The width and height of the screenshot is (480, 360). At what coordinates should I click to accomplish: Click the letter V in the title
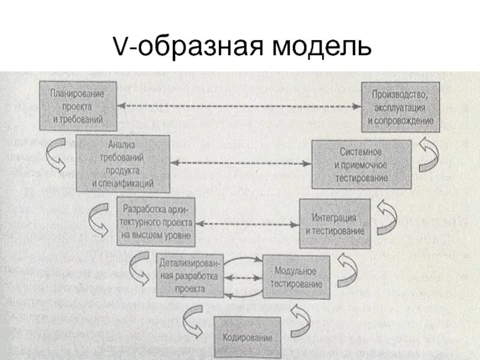[x=120, y=46]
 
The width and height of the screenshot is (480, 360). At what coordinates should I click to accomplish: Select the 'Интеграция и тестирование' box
[x=334, y=223]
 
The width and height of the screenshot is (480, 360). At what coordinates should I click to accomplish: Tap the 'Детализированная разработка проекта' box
[x=190, y=275]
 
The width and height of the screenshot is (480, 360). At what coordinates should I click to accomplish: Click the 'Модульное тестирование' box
[x=296, y=277]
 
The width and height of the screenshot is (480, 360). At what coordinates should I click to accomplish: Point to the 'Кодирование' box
[x=247, y=337]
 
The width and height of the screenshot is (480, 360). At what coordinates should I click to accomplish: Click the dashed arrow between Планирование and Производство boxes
[x=239, y=106]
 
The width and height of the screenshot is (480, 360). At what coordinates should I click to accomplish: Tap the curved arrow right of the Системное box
[x=430, y=155]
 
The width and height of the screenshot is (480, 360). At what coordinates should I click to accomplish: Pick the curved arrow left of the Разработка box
[x=99, y=220]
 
